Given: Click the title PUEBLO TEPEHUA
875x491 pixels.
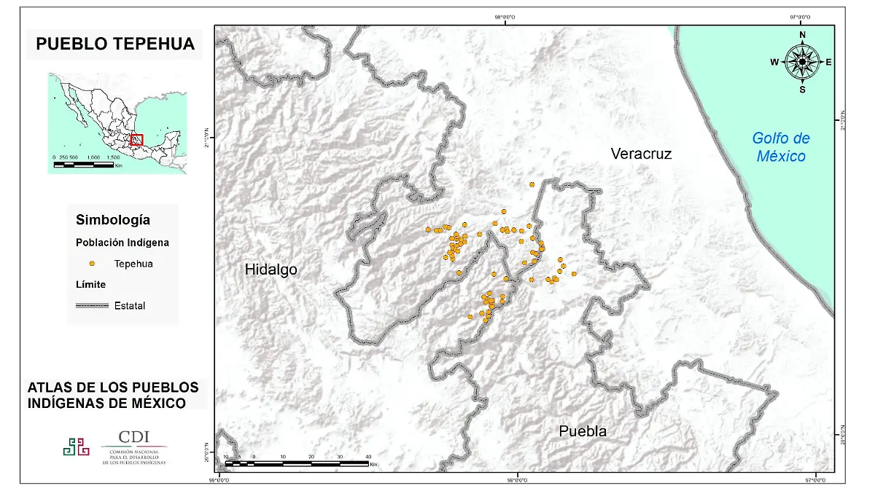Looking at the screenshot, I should [115, 44].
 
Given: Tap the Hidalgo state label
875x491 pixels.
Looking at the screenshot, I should [271, 270].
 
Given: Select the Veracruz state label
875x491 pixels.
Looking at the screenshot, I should [641, 154].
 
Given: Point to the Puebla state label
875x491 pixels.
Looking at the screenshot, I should [583, 431].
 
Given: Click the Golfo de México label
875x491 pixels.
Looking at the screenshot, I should [781, 147].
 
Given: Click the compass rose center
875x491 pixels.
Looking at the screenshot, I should [802, 63].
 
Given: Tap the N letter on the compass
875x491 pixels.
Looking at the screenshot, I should [802, 35].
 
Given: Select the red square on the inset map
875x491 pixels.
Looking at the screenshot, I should [137, 140].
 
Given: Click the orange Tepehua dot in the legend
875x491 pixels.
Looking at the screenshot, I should [92, 264].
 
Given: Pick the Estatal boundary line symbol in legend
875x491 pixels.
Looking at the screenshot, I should [92, 306].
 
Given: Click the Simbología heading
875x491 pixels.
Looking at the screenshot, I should [113, 219].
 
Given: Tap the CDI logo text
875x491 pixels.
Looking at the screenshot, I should [133, 437].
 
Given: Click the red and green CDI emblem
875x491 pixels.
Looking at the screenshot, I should [76, 447].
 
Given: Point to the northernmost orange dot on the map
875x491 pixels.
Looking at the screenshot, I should [532, 184].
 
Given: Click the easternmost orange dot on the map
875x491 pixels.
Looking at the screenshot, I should [575, 274].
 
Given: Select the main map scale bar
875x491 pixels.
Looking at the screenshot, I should [297, 463].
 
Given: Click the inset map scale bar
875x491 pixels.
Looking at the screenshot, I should [83, 164].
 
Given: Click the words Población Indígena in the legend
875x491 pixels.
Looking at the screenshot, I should [122, 243].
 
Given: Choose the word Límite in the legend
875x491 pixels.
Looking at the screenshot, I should [91, 284].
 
